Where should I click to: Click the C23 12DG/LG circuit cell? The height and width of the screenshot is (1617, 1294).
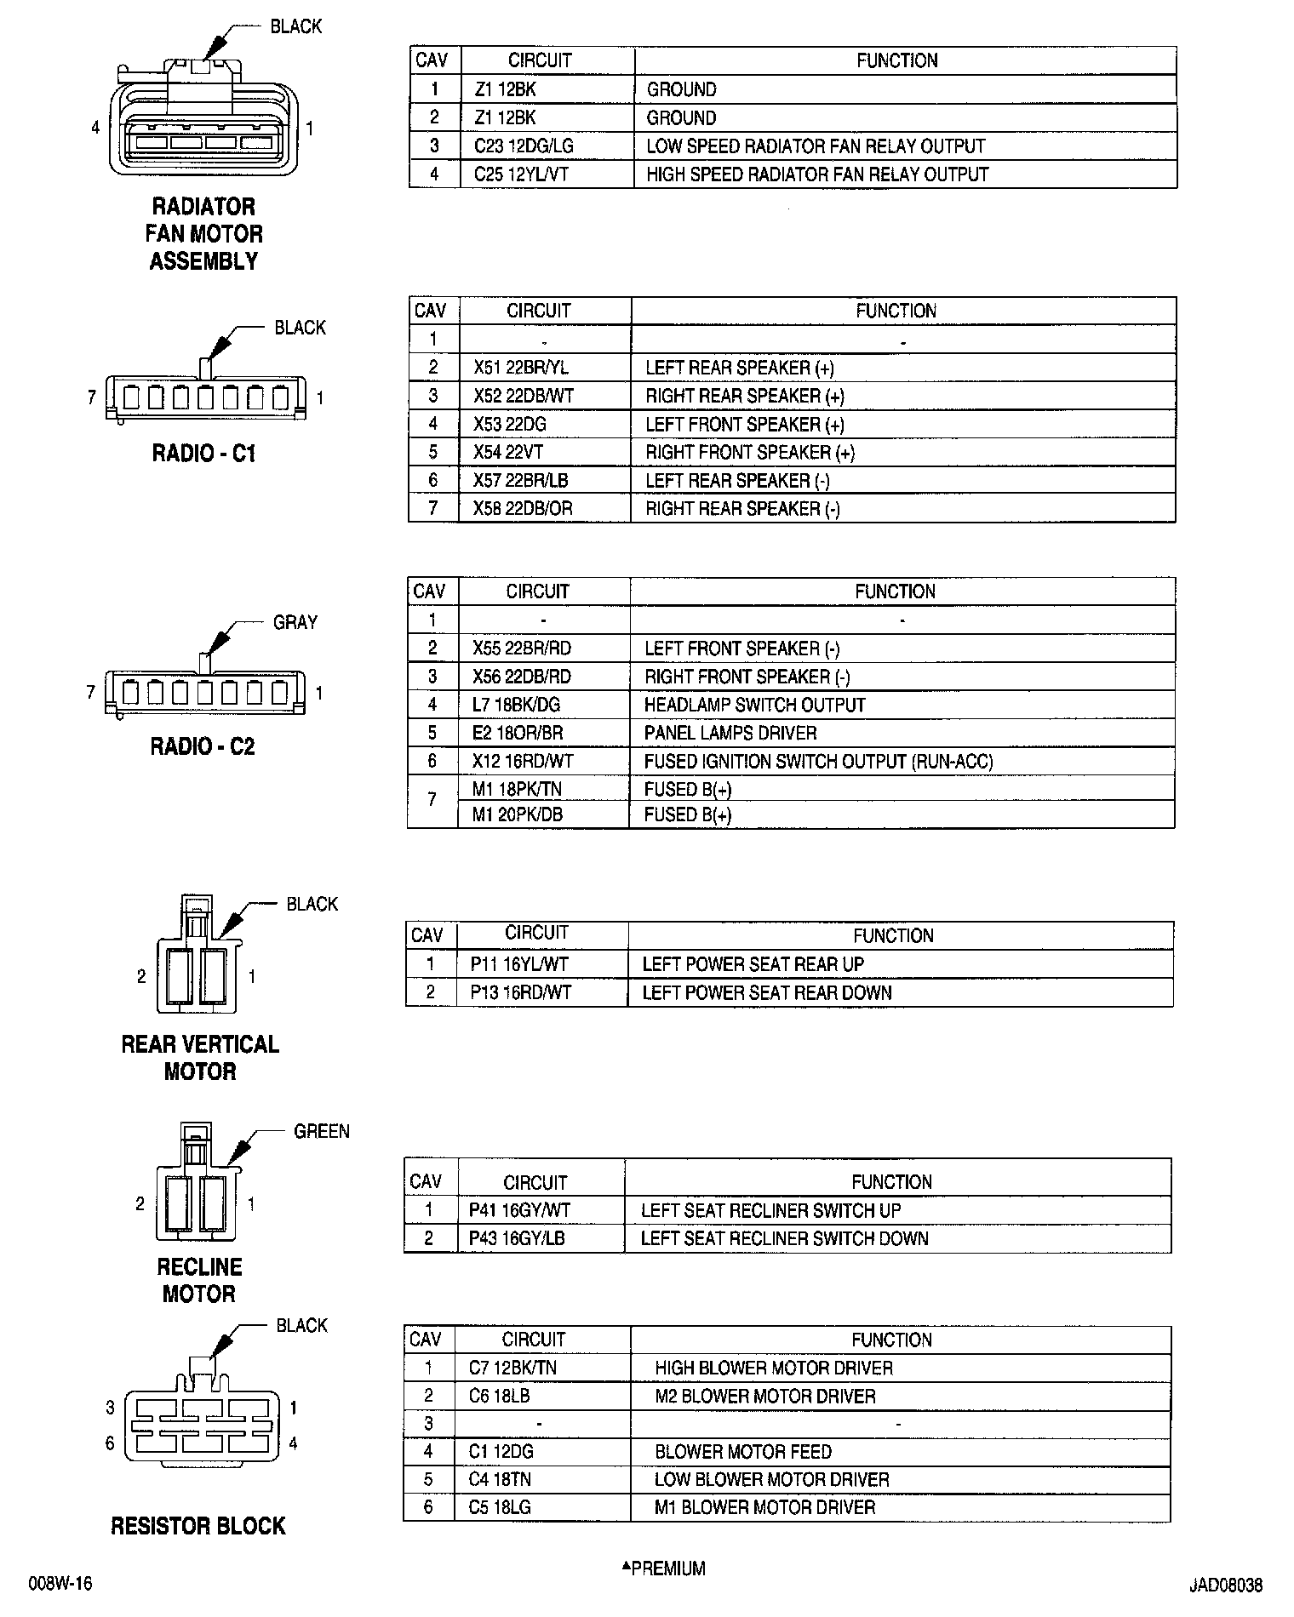point(524,146)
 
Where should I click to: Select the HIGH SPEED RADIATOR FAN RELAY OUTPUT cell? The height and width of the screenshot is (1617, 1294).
point(817,174)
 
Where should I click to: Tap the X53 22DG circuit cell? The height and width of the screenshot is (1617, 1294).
point(509,424)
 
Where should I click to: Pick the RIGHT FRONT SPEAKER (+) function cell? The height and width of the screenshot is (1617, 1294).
point(749,452)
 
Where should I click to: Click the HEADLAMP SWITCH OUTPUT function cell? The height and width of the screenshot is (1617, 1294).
point(754,705)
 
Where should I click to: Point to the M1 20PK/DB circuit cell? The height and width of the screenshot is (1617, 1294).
point(517,814)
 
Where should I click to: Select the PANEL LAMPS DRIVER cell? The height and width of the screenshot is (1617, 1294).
point(730,733)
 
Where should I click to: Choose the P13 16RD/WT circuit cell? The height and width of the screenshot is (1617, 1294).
point(520,992)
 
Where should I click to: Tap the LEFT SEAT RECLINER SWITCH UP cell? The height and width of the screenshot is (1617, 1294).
point(770,1210)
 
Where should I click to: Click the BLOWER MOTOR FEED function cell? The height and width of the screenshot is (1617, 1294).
point(742,1452)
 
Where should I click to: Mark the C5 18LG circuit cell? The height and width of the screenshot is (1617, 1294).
point(500,1507)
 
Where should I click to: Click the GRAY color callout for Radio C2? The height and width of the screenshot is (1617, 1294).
point(295,622)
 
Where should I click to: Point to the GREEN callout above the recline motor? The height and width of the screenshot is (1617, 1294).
point(322,1131)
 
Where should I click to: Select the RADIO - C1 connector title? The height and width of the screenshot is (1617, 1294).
point(203,453)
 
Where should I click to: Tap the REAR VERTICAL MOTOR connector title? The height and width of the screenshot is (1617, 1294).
point(200,1057)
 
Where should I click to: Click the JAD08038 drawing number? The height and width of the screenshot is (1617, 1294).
point(1226,1586)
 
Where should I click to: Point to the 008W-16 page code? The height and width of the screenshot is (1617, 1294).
point(60,1584)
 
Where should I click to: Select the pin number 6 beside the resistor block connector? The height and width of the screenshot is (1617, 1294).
point(110,1443)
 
